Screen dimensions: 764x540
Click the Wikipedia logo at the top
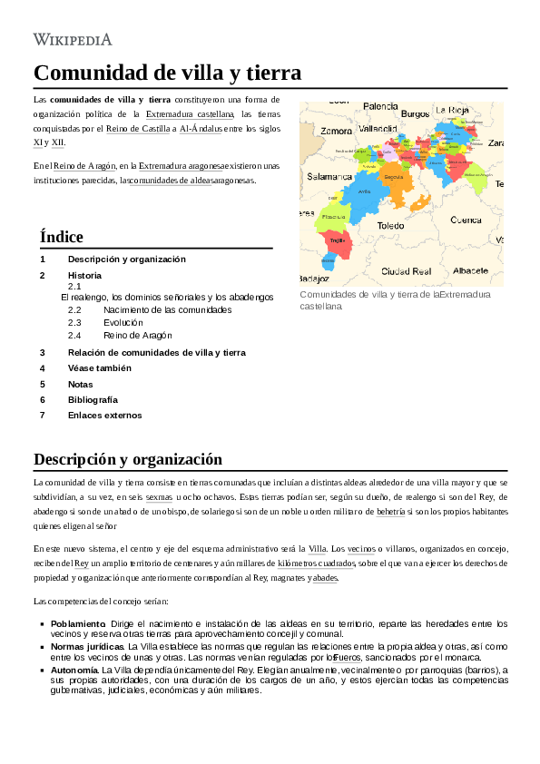pos(73,39)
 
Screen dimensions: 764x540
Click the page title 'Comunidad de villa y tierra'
pos(167,73)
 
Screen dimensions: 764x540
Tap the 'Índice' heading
pos(62,237)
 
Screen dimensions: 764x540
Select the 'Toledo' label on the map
pos(391,225)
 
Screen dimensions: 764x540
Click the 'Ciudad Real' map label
pos(406,271)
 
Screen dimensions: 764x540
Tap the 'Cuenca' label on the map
pos(466,220)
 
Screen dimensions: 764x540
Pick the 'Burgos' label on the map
pos(415,114)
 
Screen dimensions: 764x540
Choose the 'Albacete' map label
pos(470,270)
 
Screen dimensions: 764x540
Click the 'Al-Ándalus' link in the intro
pos(200,129)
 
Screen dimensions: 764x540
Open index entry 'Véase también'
pos(100,368)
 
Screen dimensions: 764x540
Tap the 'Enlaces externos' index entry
pos(104,415)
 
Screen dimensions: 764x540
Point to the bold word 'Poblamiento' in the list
pos(78,624)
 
